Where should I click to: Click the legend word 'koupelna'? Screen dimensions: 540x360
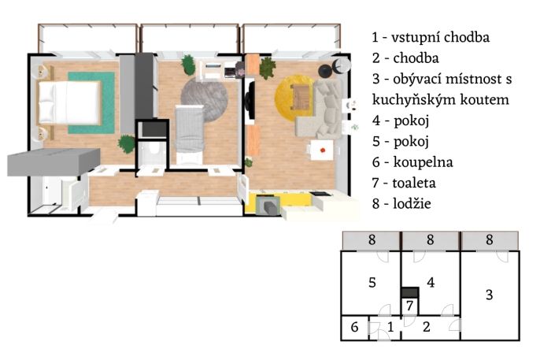tap(423, 162)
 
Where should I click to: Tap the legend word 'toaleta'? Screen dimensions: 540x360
tap(414, 183)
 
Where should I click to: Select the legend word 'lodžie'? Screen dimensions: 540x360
tap(412, 203)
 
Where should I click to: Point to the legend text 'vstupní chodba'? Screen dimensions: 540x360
tap(440, 38)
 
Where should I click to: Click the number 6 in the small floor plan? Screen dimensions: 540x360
tap(354, 327)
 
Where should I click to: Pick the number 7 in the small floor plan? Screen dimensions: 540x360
tap(409, 306)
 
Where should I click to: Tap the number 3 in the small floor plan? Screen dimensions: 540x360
tap(489, 295)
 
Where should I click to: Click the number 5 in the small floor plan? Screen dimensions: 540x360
tap(372, 283)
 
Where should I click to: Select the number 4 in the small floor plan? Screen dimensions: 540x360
tap(431, 283)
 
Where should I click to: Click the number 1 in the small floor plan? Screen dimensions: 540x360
tap(390, 327)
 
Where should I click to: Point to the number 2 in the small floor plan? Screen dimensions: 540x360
tap(427, 327)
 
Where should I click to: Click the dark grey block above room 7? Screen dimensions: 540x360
tap(410, 292)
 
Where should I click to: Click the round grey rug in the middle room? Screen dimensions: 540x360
tap(204, 99)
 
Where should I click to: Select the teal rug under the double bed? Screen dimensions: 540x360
tap(91, 102)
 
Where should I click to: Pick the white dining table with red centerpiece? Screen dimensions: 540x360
tap(322, 150)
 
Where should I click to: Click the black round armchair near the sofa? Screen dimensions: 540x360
tap(325, 72)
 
